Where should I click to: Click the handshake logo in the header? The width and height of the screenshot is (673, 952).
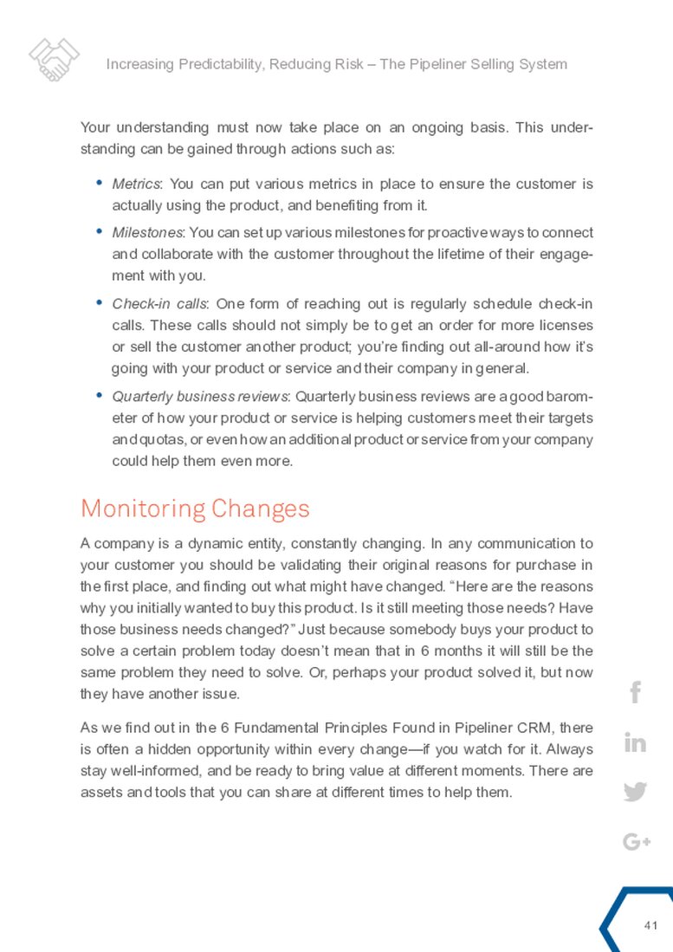(x=55, y=60)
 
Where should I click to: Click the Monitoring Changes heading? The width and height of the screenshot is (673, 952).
(x=195, y=508)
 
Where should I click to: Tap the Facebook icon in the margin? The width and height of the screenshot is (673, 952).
(x=635, y=693)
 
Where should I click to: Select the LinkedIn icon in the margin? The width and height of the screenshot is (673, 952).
(x=635, y=743)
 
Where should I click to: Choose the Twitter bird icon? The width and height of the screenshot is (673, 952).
(x=635, y=792)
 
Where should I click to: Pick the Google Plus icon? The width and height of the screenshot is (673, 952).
(x=636, y=841)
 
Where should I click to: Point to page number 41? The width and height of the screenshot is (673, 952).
(x=652, y=926)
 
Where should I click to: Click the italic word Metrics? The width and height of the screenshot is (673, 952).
(x=136, y=185)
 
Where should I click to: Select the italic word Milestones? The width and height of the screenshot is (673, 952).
(x=146, y=233)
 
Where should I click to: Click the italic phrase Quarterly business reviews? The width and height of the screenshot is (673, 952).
(x=202, y=397)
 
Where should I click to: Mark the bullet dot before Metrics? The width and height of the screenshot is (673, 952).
(x=99, y=183)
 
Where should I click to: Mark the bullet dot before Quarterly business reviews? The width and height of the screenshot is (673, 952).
(x=99, y=395)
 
